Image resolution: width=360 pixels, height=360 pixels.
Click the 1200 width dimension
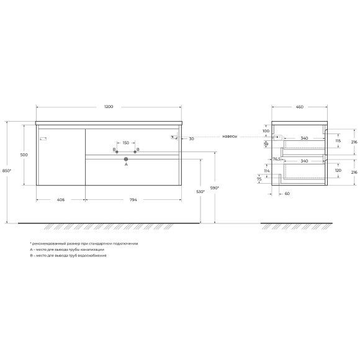pos(109,107)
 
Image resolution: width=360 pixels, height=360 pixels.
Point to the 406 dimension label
pos(61,200)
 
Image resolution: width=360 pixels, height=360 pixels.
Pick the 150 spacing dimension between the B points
pos(125,143)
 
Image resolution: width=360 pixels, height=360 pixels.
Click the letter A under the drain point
pos(126,165)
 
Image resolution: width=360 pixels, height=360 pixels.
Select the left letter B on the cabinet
pos(114,150)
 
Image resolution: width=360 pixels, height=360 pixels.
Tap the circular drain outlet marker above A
pos(126,159)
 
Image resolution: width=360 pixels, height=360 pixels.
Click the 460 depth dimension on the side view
pos(299,107)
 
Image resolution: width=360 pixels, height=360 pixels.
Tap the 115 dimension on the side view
pos(339,141)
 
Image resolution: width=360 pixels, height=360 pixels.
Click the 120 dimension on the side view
pos(339,169)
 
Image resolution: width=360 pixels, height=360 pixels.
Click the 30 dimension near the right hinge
pos(191,139)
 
